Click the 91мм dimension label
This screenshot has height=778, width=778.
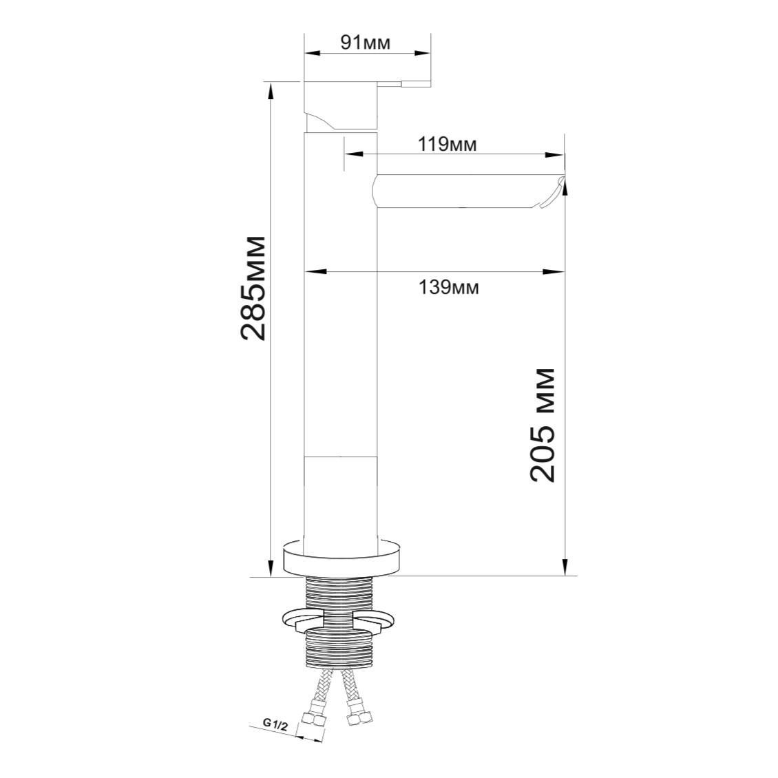[x=365, y=43]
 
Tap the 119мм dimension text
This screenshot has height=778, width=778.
[x=448, y=145]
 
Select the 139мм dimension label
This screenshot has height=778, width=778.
[x=449, y=287]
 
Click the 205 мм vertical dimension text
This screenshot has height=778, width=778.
[x=543, y=425]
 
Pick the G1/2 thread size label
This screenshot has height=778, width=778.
[x=275, y=724]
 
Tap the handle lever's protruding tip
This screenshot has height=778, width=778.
[x=417, y=84]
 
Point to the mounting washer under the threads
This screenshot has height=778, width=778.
[x=341, y=620]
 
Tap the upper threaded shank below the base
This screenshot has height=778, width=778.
[x=340, y=593]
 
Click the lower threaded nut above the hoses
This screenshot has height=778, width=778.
[x=340, y=648]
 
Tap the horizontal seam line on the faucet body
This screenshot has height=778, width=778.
[x=340, y=456]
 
